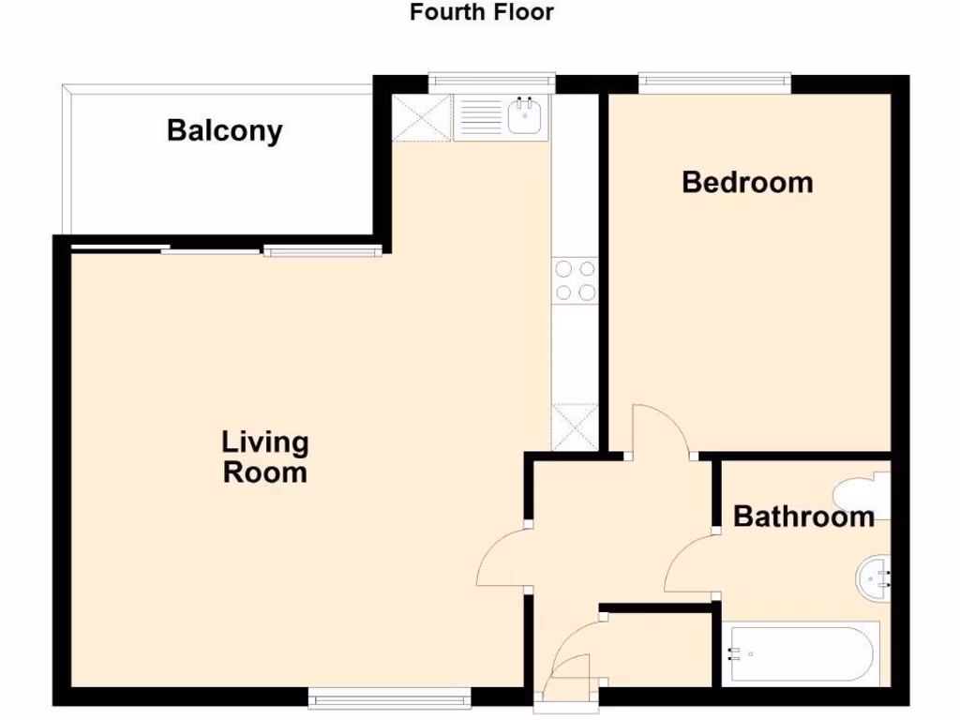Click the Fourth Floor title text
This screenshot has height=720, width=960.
(482, 12)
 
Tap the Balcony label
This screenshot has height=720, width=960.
(224, 130)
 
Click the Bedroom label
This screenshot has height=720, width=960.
(747, 181)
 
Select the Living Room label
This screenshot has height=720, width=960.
(264, 457)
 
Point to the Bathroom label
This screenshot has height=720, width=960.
(803, 516)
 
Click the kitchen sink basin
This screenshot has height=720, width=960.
(526, 118)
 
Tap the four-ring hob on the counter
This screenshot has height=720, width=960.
(576, 280)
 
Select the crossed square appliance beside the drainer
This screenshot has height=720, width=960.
(421, 118)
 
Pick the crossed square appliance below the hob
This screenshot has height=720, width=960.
(576, 427)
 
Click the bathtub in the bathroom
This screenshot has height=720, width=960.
(803, 654)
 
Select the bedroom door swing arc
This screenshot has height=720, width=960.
(661, 429)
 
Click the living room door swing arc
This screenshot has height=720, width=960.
(502, 559)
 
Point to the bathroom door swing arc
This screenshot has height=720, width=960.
(689, 564)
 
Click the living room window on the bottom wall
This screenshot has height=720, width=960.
(389, 697)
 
